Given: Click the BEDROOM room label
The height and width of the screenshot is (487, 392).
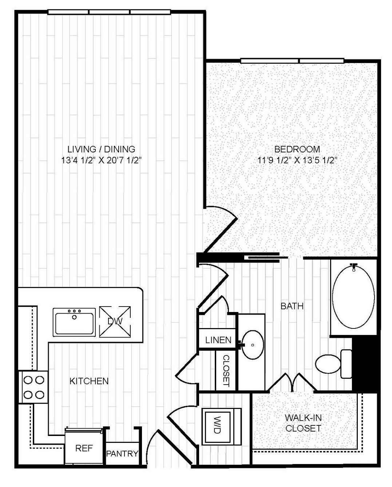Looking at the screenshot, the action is click(297, 149).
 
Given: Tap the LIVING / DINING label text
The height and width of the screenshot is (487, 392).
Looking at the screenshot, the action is click(102, 149).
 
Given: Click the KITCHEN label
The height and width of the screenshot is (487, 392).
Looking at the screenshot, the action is click(89, 381).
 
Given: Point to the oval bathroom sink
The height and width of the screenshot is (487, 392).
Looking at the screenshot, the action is click(252, 345).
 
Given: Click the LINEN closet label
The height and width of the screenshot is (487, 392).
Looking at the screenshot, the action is click(218, 340).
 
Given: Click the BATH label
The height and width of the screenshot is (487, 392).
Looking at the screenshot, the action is click(292, 306).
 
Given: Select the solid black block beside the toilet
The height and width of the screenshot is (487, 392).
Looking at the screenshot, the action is click(365, 364).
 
